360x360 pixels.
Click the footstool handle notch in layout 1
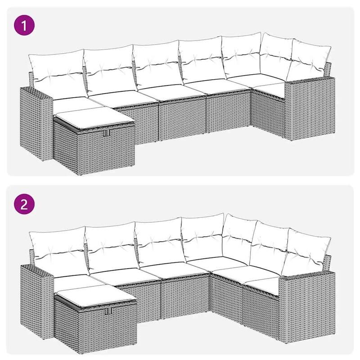pos(106,134)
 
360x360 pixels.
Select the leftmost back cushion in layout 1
pos(56,72)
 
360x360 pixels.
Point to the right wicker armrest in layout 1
pos(309,106)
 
